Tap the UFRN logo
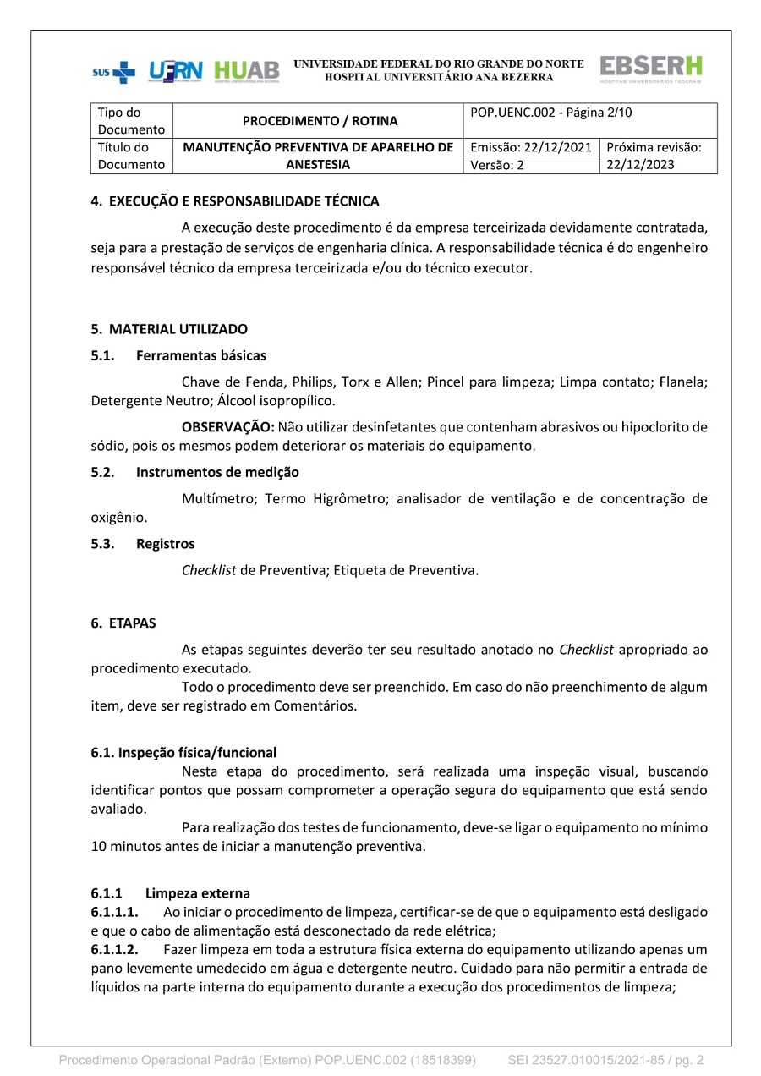(x=176, y=71)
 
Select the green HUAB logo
(x=246, y=71)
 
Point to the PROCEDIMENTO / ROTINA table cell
(x=320, y=121)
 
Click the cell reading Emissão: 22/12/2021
(x=530, y=147)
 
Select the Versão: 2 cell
(x=497, y=165)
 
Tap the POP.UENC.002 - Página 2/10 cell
(x=551, y=112)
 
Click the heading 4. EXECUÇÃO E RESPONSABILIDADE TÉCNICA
(x=235, y=201)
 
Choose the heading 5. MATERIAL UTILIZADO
(x=169, y=328)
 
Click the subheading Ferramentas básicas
(x=200, y=355)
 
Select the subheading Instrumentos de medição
(x=217, y=472)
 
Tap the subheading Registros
(x=165, y=543)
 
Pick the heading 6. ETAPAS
(x=123, y=623)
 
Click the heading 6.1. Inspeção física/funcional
(x=183, y=752)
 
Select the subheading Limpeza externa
(x=197, y=893)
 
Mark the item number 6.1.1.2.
(x=115, y=950)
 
